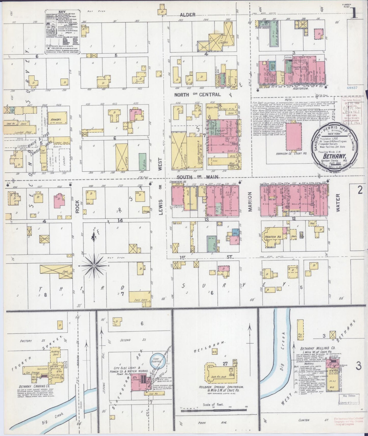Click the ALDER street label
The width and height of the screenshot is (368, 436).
tap(188, 15)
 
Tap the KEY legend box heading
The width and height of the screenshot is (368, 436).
tap(62, 12)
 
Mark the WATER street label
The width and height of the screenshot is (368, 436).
tap(338, 203)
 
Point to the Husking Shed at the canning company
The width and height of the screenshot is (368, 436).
tap(55, 353)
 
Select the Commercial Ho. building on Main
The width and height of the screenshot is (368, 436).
tap(178, 196)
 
